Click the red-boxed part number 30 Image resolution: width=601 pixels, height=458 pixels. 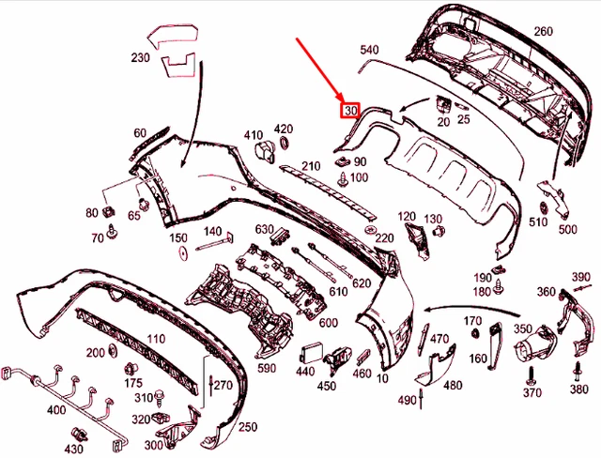coord(350,111)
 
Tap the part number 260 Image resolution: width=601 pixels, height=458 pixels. coord(543,31)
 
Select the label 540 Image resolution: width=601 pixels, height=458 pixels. coord(369,50)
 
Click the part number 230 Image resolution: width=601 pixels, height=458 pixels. coord(140,58)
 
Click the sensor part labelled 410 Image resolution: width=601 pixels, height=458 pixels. coord(265,152)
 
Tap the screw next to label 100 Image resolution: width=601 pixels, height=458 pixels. coord(342,179)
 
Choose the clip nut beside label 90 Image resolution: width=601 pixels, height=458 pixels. coord(342,162)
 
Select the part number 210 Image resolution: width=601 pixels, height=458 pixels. coord(311,166)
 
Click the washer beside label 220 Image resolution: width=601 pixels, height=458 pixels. coord(370,230)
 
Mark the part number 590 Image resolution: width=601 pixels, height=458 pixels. coord(267,368)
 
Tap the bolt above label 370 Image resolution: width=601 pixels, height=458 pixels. coord(532,375)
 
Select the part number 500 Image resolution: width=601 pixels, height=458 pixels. coord(567,229)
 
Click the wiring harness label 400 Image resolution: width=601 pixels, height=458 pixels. coord(56,410)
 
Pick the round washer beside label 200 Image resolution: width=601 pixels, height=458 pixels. coord(113,350)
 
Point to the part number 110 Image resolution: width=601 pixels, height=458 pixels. coord(156,339)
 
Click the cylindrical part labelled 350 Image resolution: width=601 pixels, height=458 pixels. coord(534,343)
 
